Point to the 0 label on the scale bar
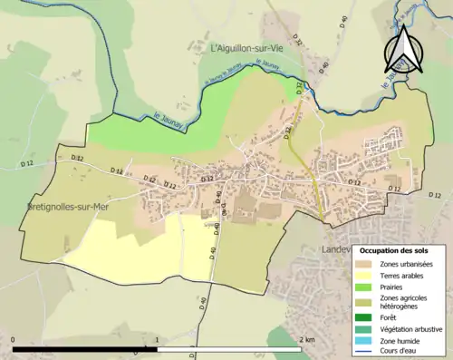click(x=14, y=340)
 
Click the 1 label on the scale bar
click(x=158, y=340)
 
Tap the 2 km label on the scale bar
click(x=306, y=340)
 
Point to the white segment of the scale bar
click(x=229, y=348)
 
